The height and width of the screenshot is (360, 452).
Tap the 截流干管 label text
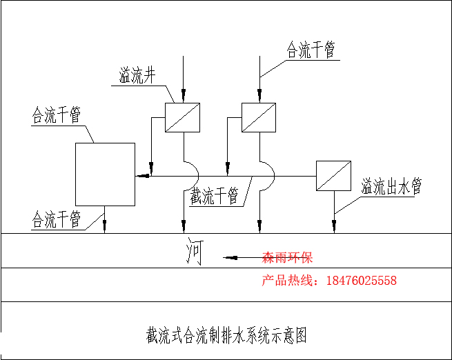click(x=215, y=197)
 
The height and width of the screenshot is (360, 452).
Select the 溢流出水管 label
click(x=391, y=187)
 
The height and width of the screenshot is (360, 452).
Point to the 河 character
click(x=195, y=252)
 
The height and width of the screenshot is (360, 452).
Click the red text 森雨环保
click(x=288, y=258)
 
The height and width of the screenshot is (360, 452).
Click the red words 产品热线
click(x=288, y=281)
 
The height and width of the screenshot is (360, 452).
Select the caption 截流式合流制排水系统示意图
click(x=226, y=336)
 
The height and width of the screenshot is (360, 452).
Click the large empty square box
click(x=105, y=174)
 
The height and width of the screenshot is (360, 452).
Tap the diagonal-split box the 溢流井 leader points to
click(x=183, y=117)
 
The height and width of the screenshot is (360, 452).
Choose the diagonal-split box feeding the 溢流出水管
click(x=334, y=176)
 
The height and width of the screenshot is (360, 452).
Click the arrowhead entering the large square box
click(x=141, y=177)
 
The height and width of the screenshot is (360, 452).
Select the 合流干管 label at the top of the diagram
click(x=311, y=50)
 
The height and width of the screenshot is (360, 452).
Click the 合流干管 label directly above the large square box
click(x=57, y=115)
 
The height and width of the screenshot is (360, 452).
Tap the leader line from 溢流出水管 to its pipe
click(x=348, y=203)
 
